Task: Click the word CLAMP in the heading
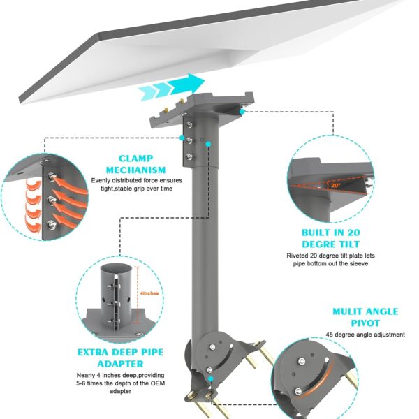(135, 159)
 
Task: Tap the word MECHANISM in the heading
(135, 170)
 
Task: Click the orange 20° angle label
(336, 185)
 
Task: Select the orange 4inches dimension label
(149, 293)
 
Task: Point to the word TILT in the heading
(347, 244)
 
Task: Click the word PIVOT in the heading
(365, 323)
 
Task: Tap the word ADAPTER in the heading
(120, 364)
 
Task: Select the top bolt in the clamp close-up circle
(52, 177)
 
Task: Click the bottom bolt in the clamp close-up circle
(52, 224)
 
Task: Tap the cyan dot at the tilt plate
(242, 112)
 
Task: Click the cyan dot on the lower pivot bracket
(211, 378)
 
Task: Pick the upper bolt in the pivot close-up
(302, 361)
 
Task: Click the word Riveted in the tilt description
(297, 256)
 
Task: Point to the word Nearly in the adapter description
(85, 376)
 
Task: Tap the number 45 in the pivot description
(330, 335)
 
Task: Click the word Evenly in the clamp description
(101, 181)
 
